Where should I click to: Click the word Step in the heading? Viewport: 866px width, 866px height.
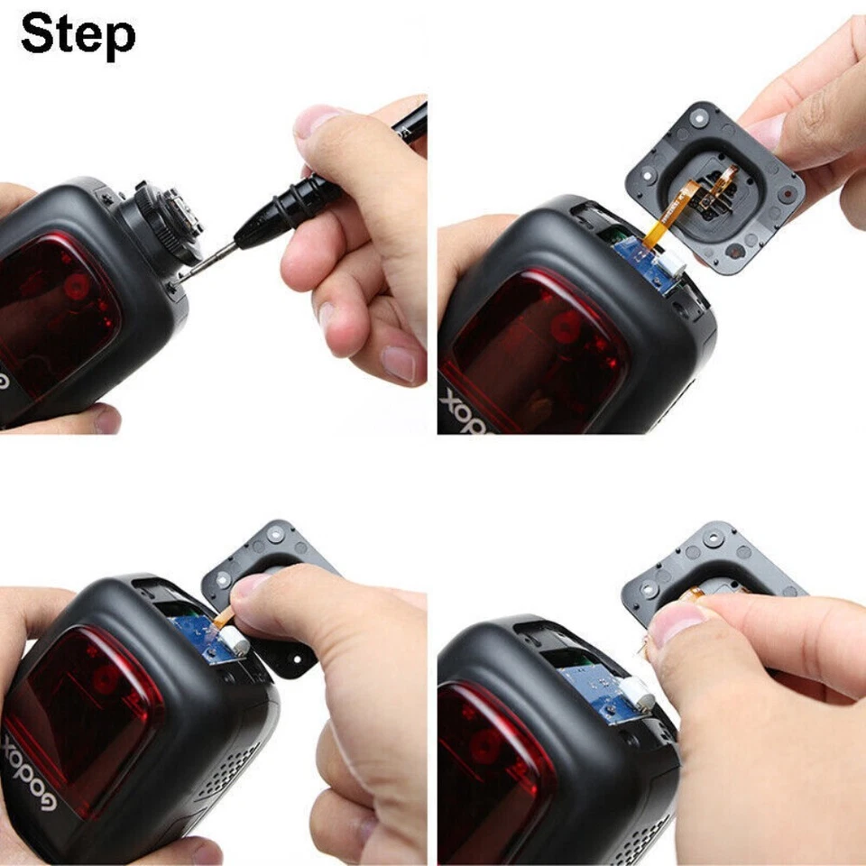pyautogui.click(x=78, y=36)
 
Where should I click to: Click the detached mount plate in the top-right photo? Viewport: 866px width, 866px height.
pyautogui.click(x=722, y=198)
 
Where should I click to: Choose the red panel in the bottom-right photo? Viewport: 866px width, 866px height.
pyautogui.click(x=492, y=767)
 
